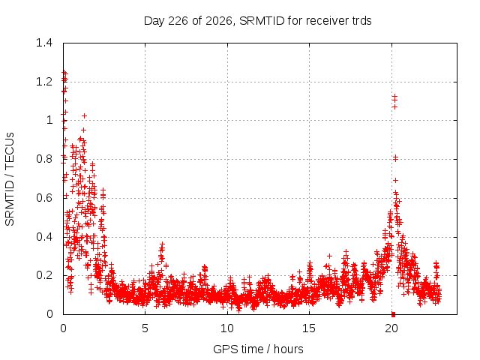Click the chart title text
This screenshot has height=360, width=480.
tap(257, 21)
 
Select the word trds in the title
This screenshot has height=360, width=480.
tap(360, 21)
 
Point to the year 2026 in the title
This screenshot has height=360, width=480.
tap(219, 21)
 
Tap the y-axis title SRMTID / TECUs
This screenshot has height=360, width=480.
tap(10, 179)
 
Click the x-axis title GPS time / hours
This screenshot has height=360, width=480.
tap(258, 349)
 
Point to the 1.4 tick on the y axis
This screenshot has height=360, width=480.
tap(44, 43)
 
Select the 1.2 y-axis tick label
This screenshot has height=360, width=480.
tap(44, 82)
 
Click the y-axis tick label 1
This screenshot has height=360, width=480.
tap(49, 120)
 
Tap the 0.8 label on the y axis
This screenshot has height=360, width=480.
tap(44, 159)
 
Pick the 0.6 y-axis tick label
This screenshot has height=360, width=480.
tap(44, 198)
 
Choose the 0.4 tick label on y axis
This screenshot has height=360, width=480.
tap(44, 237)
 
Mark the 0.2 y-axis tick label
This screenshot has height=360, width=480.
tap(44, 275)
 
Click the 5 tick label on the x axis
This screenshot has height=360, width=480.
tap(145, 328)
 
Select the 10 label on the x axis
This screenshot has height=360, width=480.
tap(227, 328)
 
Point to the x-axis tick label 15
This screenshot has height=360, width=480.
tap(309, 328)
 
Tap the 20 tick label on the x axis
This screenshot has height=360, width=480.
tap(391, 328)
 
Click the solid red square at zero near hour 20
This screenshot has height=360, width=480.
tap(393, 315)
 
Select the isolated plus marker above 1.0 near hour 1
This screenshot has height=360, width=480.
tap(84, 116)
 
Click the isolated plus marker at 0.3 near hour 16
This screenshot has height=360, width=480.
tap(329, 256)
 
